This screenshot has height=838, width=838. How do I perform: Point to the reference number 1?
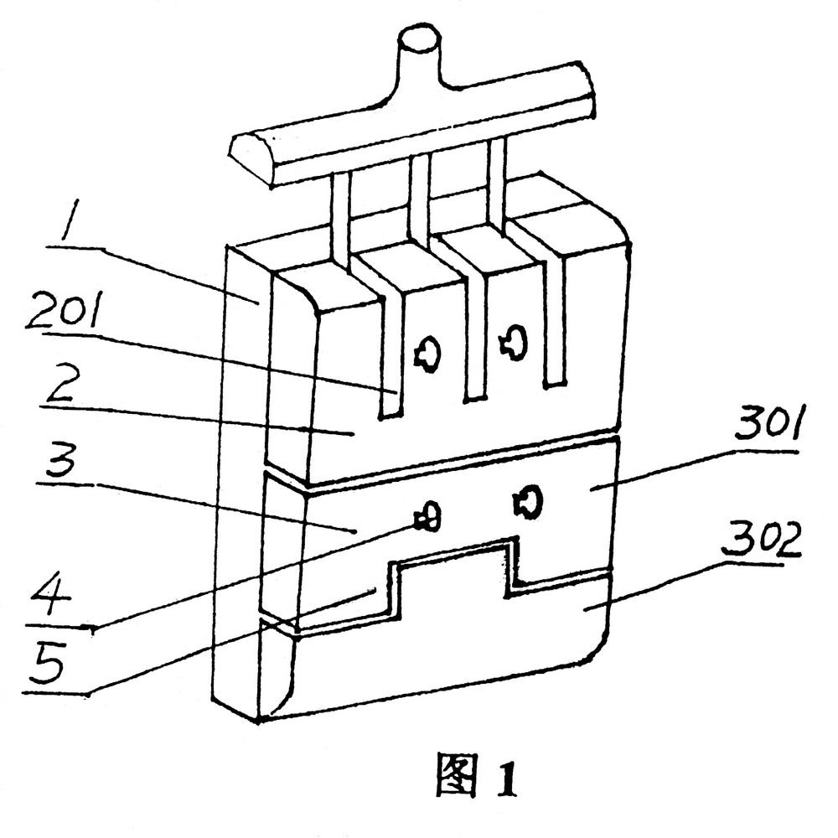coord(70,220)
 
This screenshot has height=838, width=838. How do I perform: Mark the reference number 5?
coord(49,663)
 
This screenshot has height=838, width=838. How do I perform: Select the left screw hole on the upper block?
coord(427,351)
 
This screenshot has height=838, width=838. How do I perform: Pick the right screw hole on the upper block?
coord(514,342)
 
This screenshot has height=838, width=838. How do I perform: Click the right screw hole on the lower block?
coord(528,501)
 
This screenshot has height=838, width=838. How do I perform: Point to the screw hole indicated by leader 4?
coord(428,517)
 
